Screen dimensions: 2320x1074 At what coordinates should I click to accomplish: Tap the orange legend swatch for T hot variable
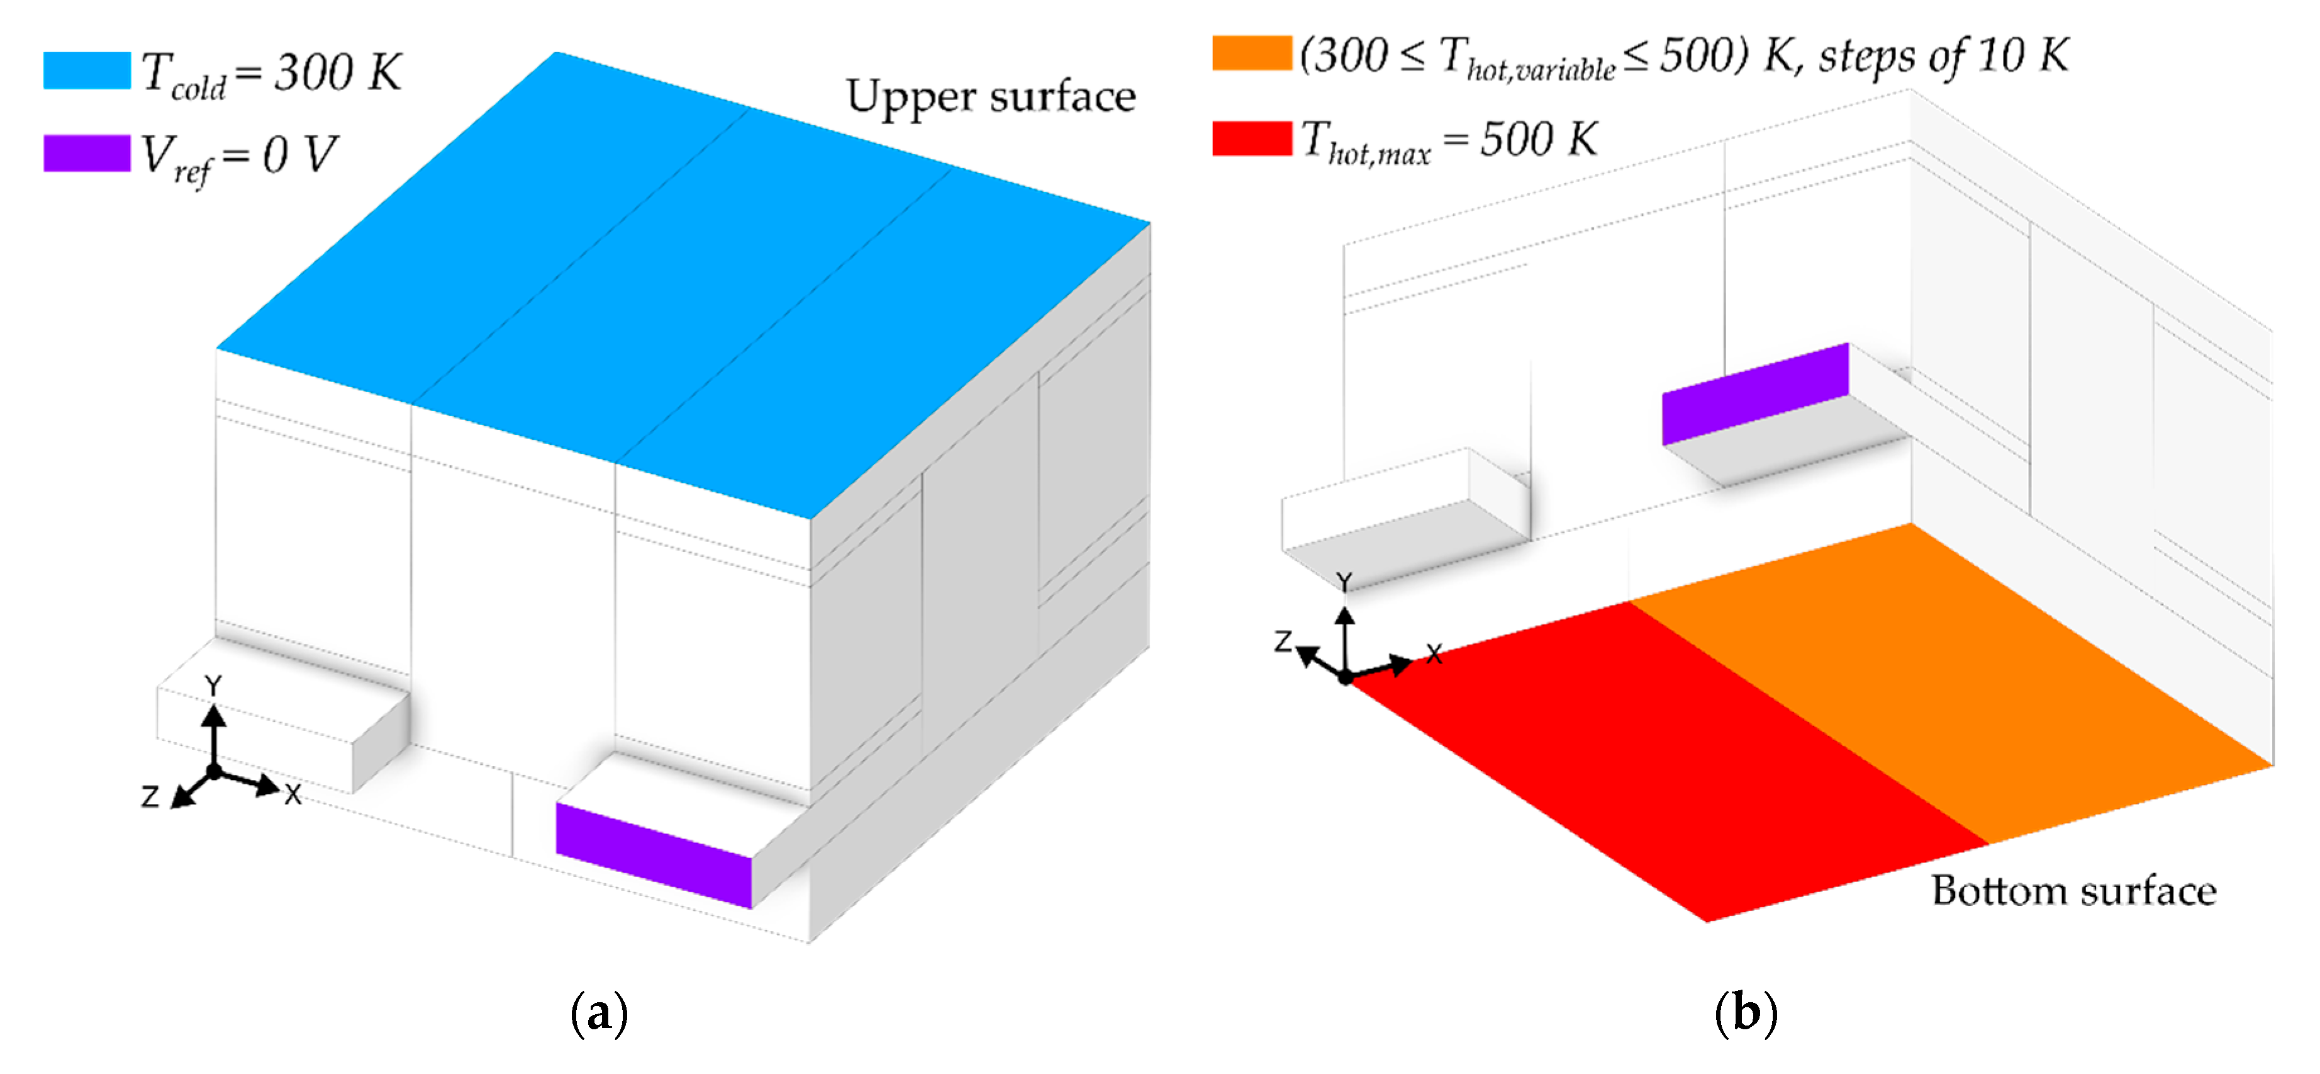point(1251,52)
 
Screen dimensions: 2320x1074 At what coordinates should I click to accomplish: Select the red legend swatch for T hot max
point(1251,138)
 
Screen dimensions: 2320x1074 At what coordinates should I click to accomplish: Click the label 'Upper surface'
point(991,96)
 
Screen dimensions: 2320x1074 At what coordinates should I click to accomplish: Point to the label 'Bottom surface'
point(2073,890)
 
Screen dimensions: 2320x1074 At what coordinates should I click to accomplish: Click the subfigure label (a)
point(599,1013)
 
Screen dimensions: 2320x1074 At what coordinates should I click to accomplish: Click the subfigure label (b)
point(1746,1013)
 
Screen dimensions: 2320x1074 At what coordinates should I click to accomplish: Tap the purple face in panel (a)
point(654,854)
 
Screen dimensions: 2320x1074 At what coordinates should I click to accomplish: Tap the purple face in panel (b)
point(1754,393)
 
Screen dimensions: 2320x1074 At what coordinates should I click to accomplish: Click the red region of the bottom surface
point(1666,766)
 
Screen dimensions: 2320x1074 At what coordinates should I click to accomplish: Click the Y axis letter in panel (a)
point(213,687)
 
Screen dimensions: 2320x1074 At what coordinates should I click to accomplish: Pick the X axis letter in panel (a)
point(293,794)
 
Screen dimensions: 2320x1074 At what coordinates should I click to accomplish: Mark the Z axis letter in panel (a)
point(150,796)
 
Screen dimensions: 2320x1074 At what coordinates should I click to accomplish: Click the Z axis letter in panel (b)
point(1283,642)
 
